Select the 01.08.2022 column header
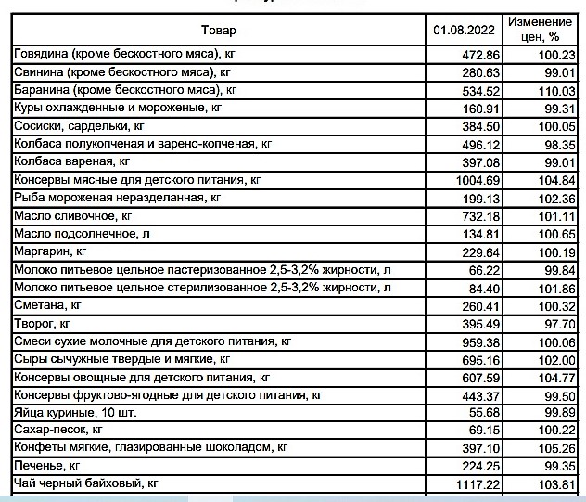tap(464, 30)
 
